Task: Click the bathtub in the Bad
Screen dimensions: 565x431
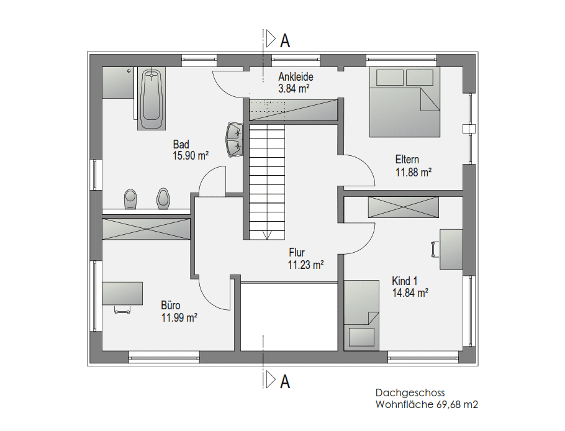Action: coord(151,98)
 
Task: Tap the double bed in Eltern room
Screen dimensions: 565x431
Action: coord(405,102)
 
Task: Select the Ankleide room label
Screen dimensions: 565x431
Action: coord(296,77)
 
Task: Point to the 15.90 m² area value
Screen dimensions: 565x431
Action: coord(191,156)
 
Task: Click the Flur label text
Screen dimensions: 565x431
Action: coord(297,252)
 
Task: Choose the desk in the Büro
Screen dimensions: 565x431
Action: coord(122,293)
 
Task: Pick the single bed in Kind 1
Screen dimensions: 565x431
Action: coord(361,315)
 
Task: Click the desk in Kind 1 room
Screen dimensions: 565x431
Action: coord(451,250)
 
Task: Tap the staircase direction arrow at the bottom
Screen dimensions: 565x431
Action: coord(267,235)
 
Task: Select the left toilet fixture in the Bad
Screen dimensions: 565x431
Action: coord(130,199)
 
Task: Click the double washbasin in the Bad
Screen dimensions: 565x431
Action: coord(235,140)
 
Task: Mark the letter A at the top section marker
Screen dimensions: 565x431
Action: coord(285,41)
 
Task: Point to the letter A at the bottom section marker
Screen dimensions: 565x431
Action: coord(285,381)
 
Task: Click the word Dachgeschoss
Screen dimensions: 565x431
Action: coord(410,392)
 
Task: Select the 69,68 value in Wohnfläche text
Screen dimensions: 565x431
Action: coord(449,405)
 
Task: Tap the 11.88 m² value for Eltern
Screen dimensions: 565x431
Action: coord(414,172)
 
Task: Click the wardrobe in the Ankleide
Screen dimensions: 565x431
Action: coord(294,109)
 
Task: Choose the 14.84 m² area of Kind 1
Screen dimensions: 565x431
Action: coord(410,293)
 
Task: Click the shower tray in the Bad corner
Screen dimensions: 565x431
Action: coord(118,83)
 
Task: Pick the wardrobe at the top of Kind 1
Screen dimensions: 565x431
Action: coord(403,207)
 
